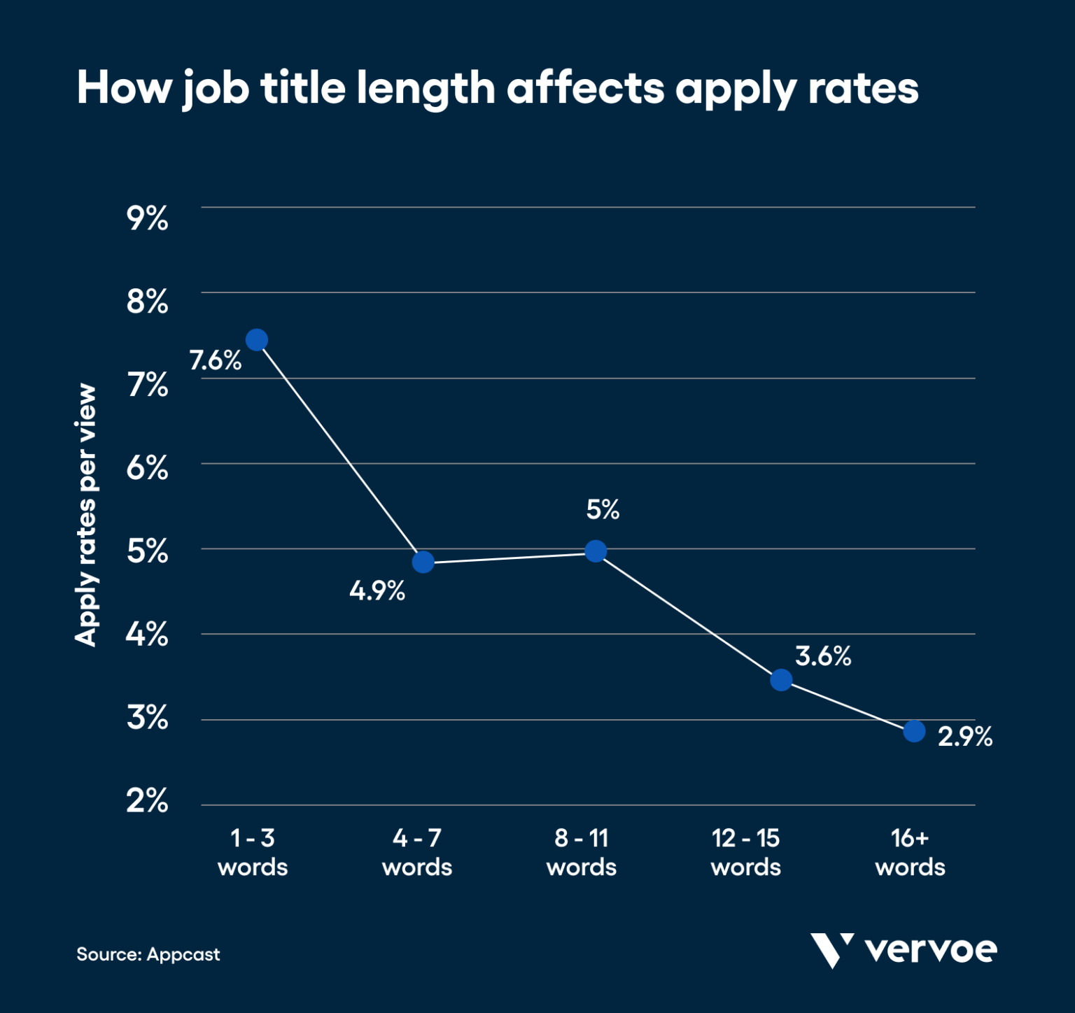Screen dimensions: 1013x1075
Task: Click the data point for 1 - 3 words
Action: tap(257, 340)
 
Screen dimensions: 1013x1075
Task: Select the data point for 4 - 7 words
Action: tap(423, 562)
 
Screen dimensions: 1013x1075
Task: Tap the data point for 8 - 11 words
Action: tap(596, 551)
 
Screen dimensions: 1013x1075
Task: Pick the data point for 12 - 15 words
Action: tap(781, 680)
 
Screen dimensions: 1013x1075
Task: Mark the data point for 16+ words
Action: tap(914, 731)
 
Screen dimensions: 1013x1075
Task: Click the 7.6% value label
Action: tap(216, 361)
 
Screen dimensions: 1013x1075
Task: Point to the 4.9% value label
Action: tap(377, 592)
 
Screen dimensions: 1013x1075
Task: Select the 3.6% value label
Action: tap(823, 656)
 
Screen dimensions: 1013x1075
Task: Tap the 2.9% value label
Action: tap(965, 737)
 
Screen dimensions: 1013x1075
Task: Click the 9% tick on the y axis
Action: tap(148, 218)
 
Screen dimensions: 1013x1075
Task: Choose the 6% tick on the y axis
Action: tap(148, 468)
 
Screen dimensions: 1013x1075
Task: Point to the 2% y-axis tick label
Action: tap(148, 800)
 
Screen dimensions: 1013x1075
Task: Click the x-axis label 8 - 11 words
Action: tap(582, 852)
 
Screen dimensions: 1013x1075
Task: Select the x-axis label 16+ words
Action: tap(910, 852)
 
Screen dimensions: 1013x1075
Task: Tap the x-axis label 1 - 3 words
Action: tap(253, 852)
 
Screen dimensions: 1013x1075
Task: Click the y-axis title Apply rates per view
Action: tap(86, 514)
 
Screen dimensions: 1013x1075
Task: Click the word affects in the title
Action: tap(585, 89)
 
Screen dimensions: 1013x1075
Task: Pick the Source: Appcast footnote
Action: tap(148, 954)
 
